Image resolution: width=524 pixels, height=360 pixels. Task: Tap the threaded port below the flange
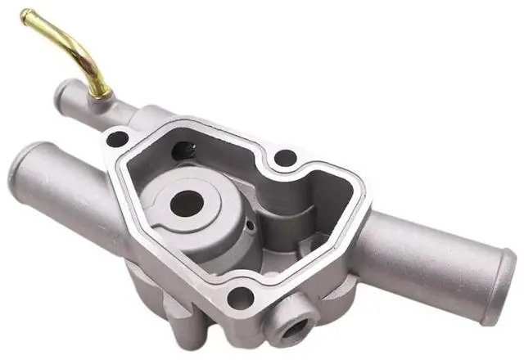pos(292,329)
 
